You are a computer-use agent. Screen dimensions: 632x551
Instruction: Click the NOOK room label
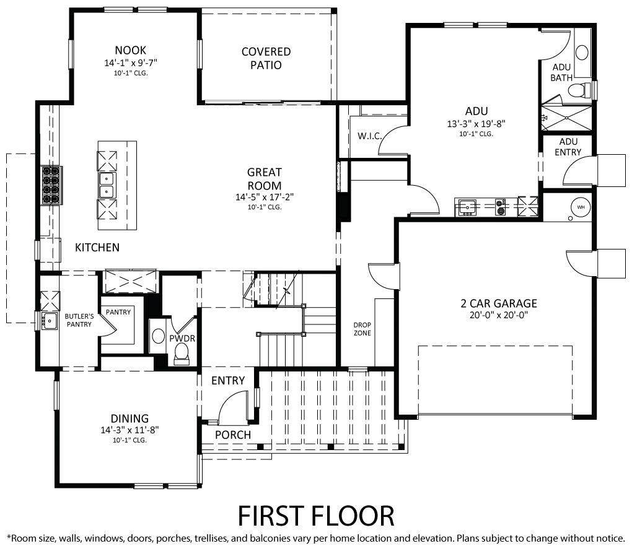[x=131, y=50]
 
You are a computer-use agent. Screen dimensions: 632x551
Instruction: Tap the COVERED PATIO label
[x=266, y=58]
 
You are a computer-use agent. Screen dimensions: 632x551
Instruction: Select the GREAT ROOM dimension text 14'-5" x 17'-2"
[x=265, y=197]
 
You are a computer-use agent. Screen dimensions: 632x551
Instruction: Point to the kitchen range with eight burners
[x=51, y=185]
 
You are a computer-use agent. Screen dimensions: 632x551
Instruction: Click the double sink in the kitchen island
[x=107, y=185]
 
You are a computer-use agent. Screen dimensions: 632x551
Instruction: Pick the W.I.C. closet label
[x=370, y=136]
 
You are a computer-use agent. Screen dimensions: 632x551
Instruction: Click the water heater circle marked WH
[x=581, y=207]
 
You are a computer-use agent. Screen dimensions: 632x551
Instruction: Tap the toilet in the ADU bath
[x=579, y=89]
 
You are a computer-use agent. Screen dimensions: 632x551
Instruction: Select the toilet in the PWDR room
[x=182, y=355]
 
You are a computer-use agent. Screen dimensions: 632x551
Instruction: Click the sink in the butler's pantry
[x=50, y=321]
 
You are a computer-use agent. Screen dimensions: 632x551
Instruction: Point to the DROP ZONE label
[x=362, y=329]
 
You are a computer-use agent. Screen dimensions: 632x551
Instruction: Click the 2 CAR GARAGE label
[x=499, y=303]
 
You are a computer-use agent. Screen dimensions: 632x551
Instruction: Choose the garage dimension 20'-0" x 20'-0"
[x=499, y=315]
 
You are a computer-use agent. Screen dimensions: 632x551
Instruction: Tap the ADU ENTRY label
[x=568, y=147]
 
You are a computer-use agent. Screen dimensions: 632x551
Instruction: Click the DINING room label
[x=129, y=419]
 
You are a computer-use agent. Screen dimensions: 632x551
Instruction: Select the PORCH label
[x=233, y=435]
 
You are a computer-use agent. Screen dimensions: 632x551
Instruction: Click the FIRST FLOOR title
[x=316, y=516]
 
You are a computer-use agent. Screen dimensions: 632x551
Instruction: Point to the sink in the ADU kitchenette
[x=467, y=207]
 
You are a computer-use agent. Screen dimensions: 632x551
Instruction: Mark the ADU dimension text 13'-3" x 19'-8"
[x=476, y=124]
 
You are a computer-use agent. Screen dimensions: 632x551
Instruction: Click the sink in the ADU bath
[x=582, y=53]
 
